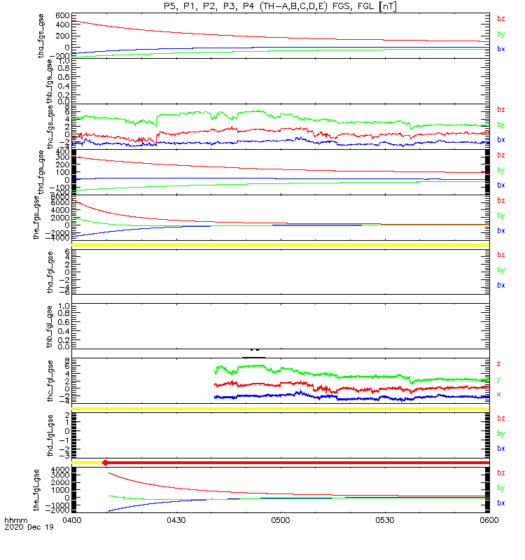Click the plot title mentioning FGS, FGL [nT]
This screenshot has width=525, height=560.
click(280, 6)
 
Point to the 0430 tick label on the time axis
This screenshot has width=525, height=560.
click(176, 521)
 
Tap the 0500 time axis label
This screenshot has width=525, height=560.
click(280, 521)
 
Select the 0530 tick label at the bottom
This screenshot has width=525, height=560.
click(384, 521)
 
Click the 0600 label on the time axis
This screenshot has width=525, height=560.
click(488, 521)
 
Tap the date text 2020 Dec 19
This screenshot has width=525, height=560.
click(24, 528)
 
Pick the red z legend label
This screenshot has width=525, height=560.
click(499, 364)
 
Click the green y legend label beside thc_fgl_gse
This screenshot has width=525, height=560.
click(499, 379)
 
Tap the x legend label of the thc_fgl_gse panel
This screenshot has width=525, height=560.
click(499, 394)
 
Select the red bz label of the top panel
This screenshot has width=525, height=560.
click(500, 19)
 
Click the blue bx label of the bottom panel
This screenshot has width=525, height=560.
click(500, 503)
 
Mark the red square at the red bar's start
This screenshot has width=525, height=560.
click(105, 463)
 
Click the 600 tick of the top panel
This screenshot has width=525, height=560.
click(62, 15)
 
